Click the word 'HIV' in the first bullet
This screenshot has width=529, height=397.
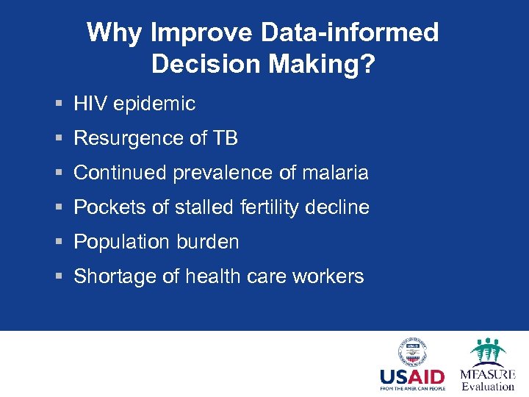[x=90, y=104]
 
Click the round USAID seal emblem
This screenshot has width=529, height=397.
[x=412, y=352]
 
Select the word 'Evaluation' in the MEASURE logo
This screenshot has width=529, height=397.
[x=488, y=387]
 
